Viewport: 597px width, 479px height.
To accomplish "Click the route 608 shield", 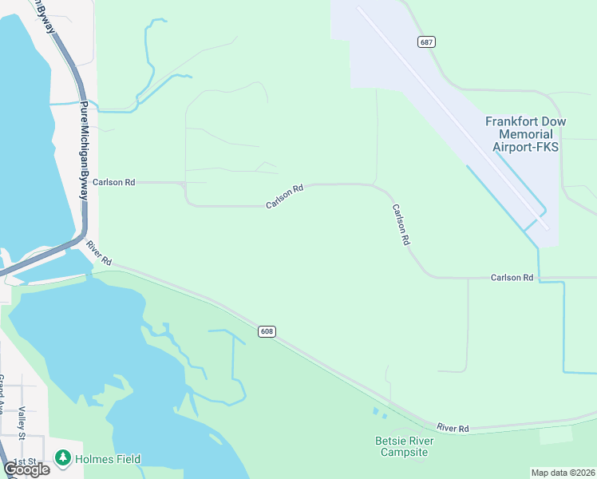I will (267, 331).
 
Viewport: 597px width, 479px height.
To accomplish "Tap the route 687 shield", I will (426, 42).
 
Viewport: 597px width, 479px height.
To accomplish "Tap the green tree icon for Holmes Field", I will (63, 458).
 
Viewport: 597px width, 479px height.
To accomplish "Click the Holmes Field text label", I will (108, 459).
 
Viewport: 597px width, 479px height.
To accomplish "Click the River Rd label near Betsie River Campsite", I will (453, 429).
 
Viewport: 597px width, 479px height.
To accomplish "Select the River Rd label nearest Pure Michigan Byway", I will (100, 253).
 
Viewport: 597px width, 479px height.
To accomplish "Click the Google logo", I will (27, 469).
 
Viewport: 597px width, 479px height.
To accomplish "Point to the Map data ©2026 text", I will (563, 473).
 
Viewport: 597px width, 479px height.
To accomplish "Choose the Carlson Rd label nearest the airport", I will (512, 277).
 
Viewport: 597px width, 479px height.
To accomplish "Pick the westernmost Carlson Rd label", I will (114, 182).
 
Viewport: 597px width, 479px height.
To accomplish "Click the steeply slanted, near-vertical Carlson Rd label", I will (401, 224).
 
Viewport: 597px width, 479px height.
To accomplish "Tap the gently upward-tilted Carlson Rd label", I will (285, 197).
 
